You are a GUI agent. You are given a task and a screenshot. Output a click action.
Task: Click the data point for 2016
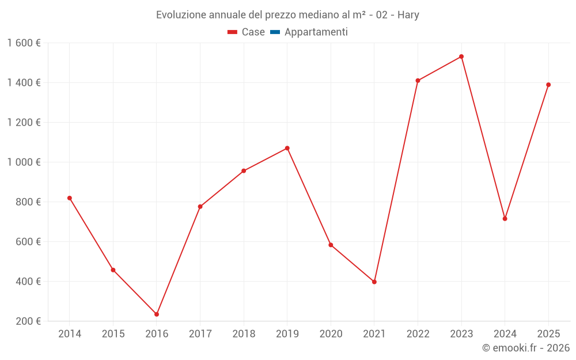coord(156,314)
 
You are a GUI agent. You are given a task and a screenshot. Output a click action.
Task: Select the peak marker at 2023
coord(461,56)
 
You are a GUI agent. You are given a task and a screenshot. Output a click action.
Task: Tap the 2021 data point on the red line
coord(374,282)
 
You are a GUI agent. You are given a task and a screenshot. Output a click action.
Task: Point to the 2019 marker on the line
coord(287,148)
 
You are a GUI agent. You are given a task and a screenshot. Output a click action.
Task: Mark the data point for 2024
coord(505,218)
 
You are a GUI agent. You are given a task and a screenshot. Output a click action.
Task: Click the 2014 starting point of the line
coord(69,198)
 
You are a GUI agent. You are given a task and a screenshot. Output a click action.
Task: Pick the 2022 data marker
coord(418,81)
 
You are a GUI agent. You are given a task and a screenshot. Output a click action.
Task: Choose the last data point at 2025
coord(548,85)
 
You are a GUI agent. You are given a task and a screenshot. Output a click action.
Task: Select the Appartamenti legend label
coord(316,32)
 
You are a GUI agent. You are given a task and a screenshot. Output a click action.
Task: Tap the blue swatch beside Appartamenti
coord(275,32)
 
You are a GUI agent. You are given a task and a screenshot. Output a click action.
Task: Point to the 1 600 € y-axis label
coord(24,43)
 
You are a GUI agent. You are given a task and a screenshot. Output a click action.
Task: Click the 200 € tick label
coord(29,321)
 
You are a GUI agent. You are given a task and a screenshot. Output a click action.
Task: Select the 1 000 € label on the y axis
coord(24,162)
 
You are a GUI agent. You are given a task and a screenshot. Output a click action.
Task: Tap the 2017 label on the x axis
coord(200,334)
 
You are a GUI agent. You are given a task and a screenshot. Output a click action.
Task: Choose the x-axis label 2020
coord(331,334)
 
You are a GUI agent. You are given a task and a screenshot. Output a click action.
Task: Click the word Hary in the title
coord(408,14)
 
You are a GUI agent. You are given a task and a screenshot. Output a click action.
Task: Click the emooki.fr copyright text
coord(526,347)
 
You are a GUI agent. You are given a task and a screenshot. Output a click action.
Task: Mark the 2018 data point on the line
coord(244,170)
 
